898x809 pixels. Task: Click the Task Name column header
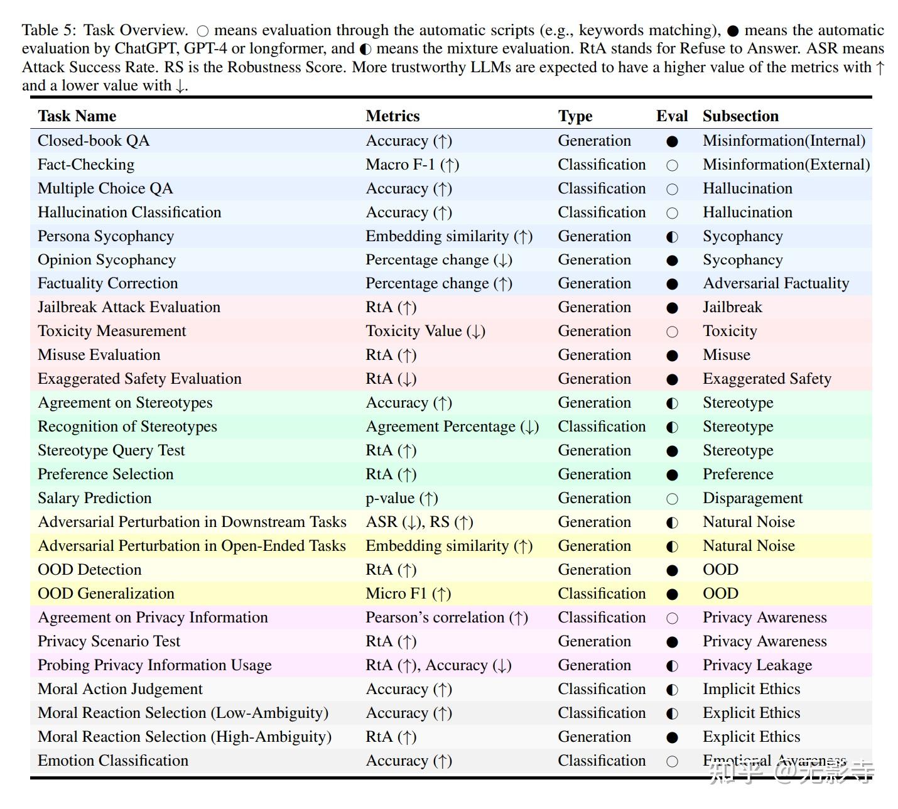point(77,116)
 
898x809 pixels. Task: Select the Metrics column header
point(392,116)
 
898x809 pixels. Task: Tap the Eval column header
point(671,116)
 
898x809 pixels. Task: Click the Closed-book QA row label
point(94,141)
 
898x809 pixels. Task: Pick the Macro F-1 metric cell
point(412,165)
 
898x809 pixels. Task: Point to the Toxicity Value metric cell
point(425,331)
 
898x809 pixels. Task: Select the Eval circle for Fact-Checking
point(672,165)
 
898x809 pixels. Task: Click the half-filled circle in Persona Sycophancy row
point(672,237)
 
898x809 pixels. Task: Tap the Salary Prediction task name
point(94,498)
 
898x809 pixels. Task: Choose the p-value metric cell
point(402,498)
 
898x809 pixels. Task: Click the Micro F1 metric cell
point(408,594)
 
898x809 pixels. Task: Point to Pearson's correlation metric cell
point(446,617)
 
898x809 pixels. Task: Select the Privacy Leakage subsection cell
point(757,665)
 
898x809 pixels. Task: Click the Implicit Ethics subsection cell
point(751,689)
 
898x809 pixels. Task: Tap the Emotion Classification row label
point(113,761)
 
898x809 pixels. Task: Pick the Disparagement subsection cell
point(752,498)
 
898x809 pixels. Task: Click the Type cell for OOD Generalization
point(602,594)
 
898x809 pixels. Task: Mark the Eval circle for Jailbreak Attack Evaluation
point(672,308)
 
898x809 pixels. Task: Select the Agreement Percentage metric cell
point(452,426)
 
